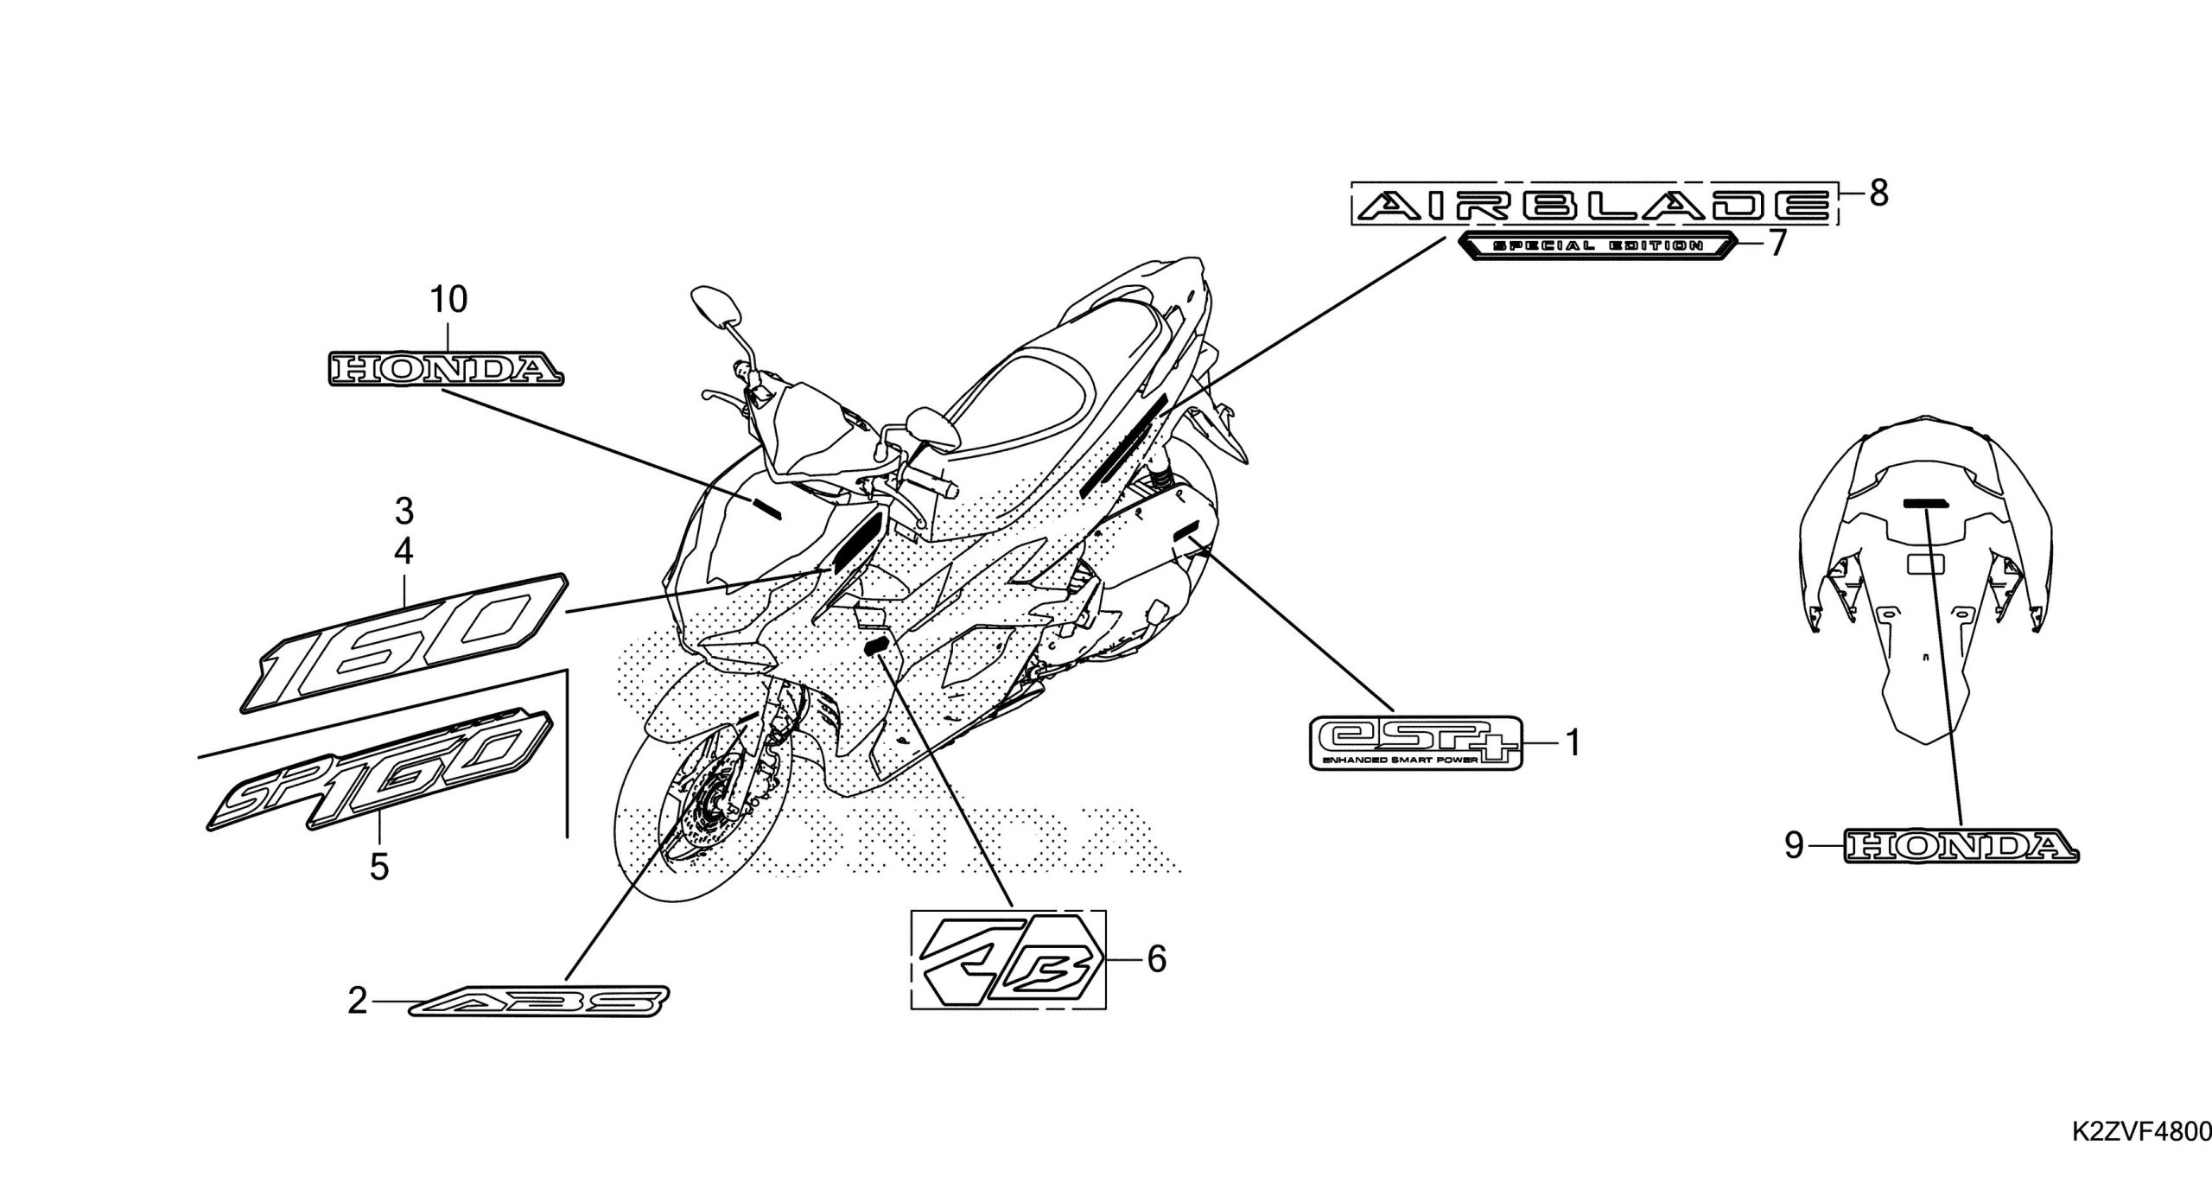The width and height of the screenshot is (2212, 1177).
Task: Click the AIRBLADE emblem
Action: [1592, 205]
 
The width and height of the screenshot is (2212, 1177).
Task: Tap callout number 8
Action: [1878, 194]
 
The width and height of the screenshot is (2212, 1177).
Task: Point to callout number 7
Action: [1777, 245]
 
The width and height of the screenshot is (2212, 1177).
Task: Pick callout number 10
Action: [448, 300]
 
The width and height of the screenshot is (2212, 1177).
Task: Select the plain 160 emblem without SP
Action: [404, 644]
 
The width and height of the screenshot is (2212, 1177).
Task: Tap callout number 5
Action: [379, 866]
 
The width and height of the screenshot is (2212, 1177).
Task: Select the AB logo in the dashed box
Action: [1008, 959]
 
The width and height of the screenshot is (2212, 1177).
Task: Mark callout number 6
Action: [1156, 959]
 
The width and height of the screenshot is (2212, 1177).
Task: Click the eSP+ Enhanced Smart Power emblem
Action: [1414, 741]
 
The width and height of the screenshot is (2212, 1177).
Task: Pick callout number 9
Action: [1794, 846]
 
